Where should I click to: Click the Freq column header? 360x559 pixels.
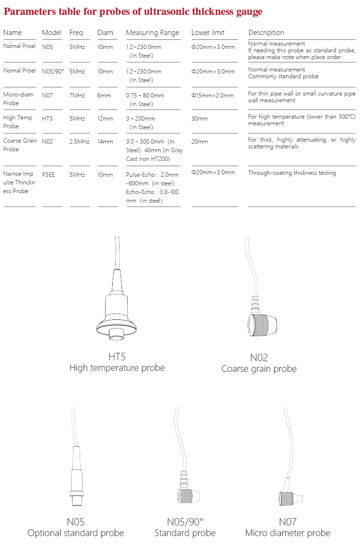pos(76,33)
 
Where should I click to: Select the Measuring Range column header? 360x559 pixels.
pos(152,33)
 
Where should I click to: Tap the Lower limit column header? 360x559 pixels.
pos(208,33)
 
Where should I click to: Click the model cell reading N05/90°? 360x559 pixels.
pos(53,71)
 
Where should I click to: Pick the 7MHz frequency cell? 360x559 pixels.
pos(77,96)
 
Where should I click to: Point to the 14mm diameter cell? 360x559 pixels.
pos(105,142)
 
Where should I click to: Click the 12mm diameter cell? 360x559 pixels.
pos(105,119)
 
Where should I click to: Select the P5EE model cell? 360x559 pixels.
pos(48,175)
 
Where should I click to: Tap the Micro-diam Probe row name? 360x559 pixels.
pos(18,98)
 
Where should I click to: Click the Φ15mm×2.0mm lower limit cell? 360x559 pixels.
pos(213,96)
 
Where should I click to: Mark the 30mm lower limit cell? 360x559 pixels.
pos(200,119)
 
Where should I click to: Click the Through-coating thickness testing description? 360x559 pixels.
pos(292,173)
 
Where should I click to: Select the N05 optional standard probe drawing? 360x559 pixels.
pos(75,480)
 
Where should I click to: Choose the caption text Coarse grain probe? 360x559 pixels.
pos(259,369)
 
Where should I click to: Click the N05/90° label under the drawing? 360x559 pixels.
pos(185,522)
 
